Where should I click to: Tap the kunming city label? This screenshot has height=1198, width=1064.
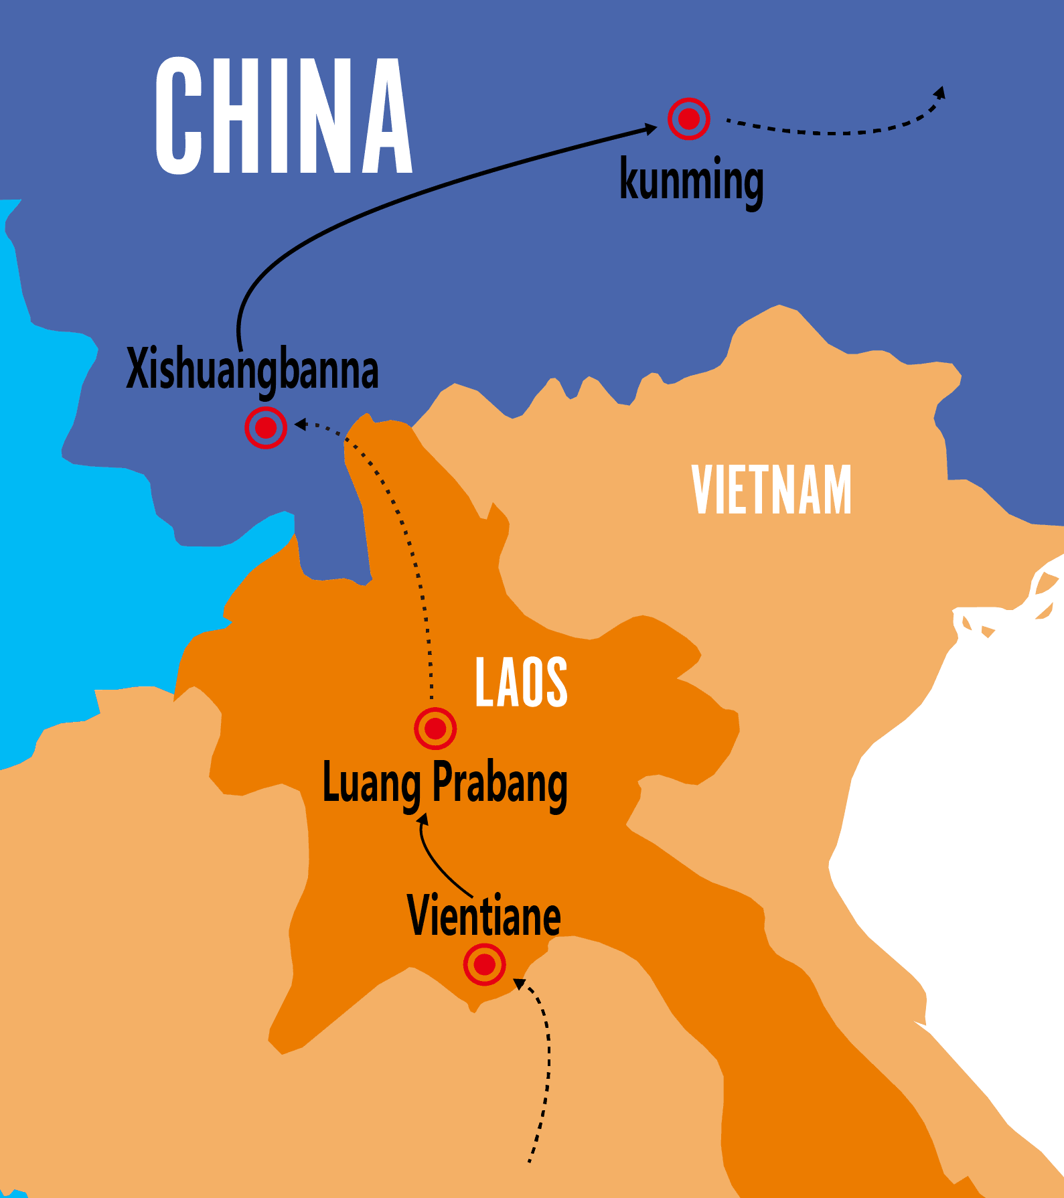[691, 181]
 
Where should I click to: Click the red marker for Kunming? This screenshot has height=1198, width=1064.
[688, 119]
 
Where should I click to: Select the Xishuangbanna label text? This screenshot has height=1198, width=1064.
[252, 370]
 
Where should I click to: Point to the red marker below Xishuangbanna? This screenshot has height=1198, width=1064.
[266, 427]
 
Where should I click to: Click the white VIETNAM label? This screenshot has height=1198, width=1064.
[771, 490]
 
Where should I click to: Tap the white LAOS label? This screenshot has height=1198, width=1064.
[521, 682]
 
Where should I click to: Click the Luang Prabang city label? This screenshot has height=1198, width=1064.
[445, 783]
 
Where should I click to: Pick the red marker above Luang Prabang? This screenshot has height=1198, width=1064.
[435, 728]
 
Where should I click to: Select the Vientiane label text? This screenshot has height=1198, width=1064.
[483, 916]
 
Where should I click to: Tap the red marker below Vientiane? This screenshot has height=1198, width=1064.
[484, 965]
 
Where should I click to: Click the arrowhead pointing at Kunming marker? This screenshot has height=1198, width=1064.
[651, 128]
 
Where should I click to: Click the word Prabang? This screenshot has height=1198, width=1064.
[500, 783]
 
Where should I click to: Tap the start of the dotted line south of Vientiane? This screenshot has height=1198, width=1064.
[529, 1160]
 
